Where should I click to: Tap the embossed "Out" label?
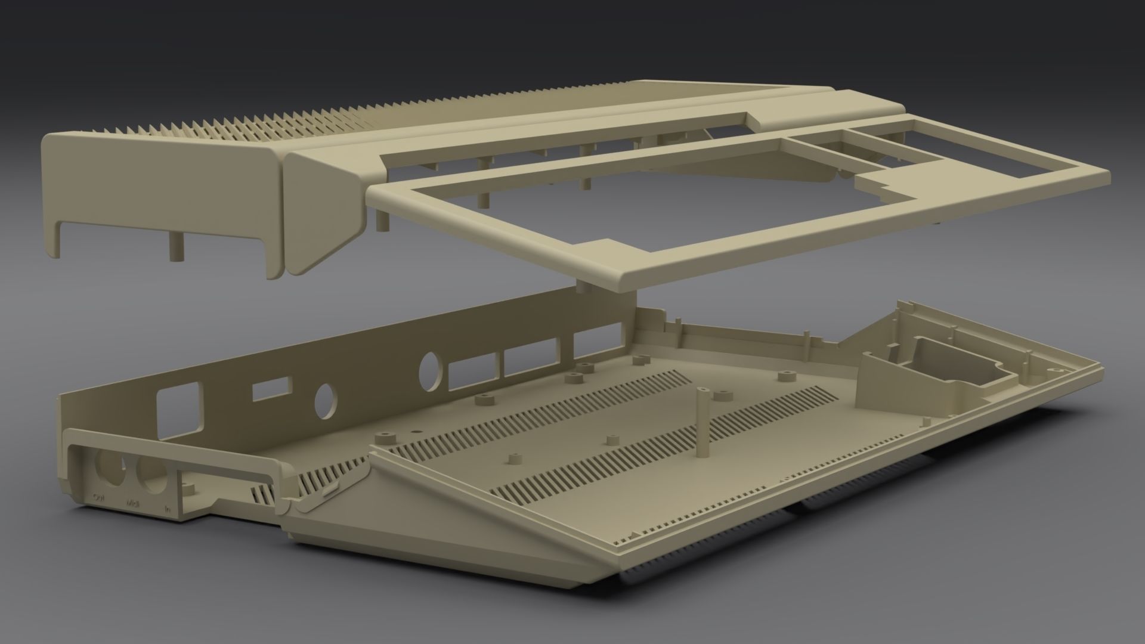coord(99,496)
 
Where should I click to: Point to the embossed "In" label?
coord(168,510)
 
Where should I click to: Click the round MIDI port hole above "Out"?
coord(109,466)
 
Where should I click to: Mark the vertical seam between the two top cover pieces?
coord(283,215)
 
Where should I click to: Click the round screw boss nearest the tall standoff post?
coord(723,397)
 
